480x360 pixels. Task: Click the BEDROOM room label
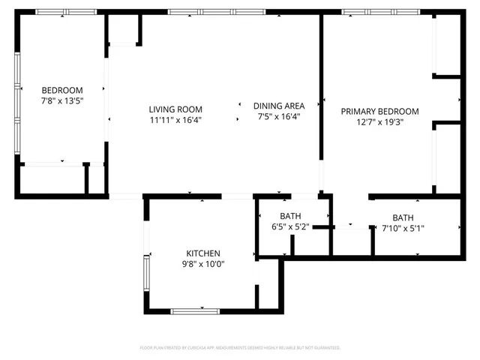coord(61,90)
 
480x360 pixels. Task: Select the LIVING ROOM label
coord(175,109)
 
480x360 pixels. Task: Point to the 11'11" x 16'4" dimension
coord(175,119)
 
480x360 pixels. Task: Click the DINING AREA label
coord(279,106)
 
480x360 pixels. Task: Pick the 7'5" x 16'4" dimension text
coord(279,116)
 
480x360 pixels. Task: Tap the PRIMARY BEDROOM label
coord(379,112)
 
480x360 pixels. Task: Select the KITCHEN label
coord(203,253)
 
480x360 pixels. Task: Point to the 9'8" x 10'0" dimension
coord(203,263)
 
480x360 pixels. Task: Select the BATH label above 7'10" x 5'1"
coord(403,218)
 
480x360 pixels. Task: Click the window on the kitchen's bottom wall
coord(195,310)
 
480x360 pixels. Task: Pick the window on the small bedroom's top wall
coord(60,12)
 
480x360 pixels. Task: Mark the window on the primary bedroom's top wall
coord(378,12)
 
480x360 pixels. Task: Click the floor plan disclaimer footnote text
coord(240,348)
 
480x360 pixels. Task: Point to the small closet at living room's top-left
coord(124,30)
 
